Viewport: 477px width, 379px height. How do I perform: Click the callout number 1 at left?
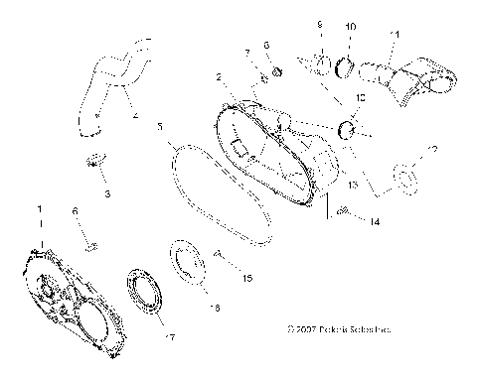39,210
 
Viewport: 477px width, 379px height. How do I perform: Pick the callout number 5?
160,128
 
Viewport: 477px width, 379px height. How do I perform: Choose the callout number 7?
248,52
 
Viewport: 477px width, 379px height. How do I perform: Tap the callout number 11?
395,35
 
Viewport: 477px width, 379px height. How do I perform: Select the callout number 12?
430,149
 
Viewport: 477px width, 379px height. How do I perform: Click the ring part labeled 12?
405,178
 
